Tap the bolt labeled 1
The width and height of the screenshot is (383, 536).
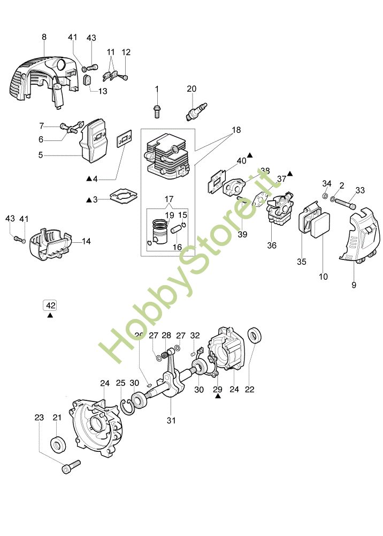click(x=157, y=110)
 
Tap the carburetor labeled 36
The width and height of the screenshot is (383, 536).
click(x=280, y=211)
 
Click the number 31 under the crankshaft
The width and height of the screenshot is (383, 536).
click(x=171, y=420)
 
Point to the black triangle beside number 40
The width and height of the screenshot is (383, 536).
click(x=250, y=155)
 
